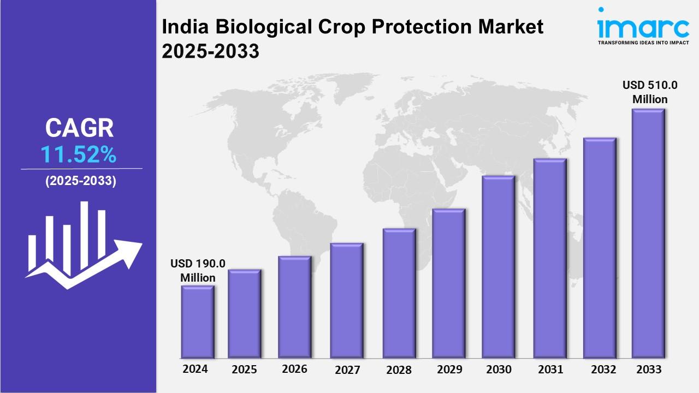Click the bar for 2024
pos(198,322)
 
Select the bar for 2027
pos(347,300)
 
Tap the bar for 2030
pos(498,267)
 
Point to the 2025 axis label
pos(244,370)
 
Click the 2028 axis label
pos(399,370)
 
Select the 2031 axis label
pos(550,370)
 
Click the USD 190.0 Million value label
pos(198,271)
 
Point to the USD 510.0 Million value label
pos(650,92)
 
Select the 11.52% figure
pos(79,156)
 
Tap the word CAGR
pos(80,128)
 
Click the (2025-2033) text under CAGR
pos(80,182)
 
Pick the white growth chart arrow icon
pos(82,246)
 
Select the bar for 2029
pos(448,283)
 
